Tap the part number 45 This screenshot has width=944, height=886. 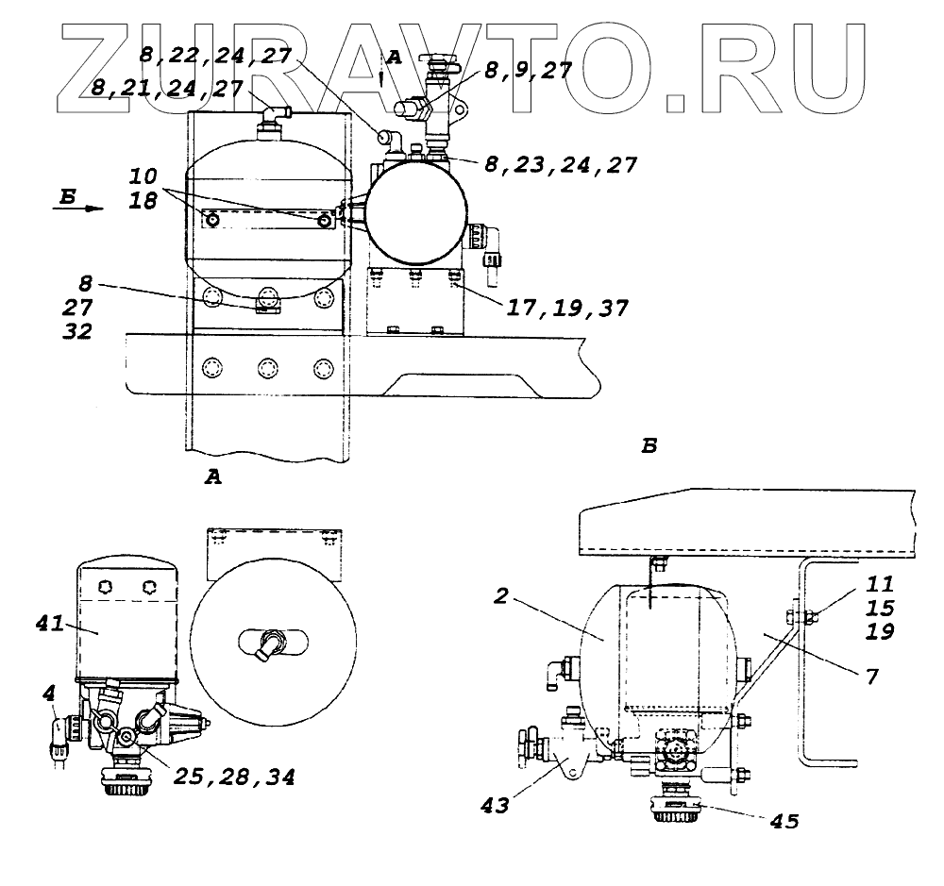[x=784, y=821]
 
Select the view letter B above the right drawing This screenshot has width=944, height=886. [x=649, y=444]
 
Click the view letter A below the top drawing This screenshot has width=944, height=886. [x=213, y=478]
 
